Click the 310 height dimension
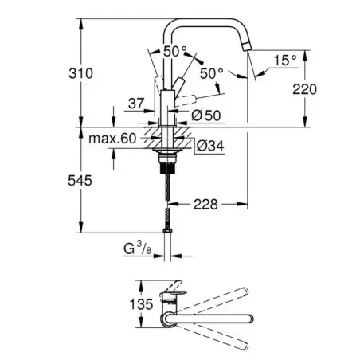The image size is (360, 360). tap(80, 73)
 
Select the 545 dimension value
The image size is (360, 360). tap(80, 181)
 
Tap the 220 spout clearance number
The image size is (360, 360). tap(304, 89)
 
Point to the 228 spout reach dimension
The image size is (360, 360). tap(205, 204)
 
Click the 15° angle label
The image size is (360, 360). tap(285, 61)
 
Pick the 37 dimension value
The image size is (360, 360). tap(136, 104)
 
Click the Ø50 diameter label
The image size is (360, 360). tap(206, 115)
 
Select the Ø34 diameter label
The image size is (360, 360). tap(210, 146)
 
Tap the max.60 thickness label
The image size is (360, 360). tap(112, 139)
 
